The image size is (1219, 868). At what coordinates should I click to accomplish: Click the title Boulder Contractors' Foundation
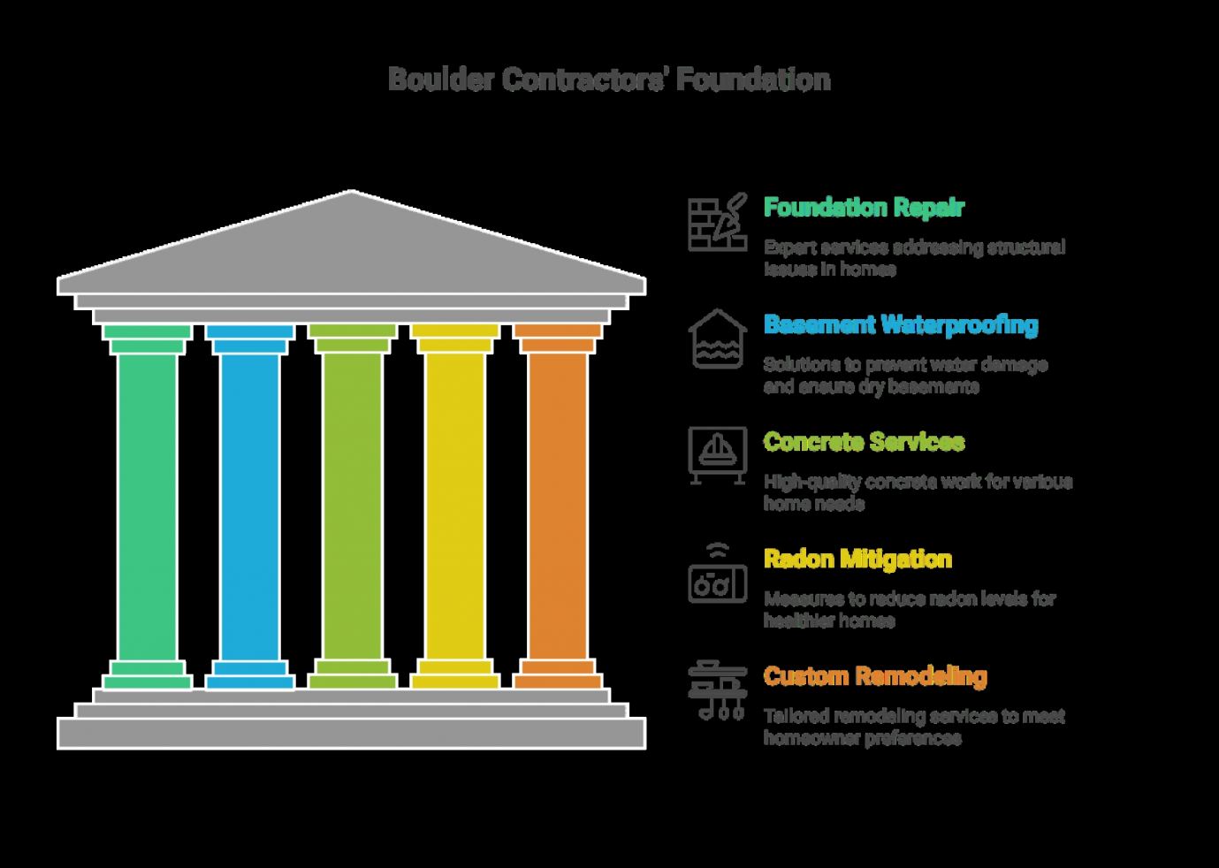[x=610, y=80]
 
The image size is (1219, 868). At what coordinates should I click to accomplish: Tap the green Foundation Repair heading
[x=864, y=208]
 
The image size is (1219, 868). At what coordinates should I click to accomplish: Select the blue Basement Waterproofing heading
[x=901, y=325]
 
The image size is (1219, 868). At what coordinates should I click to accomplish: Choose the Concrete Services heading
[x=865, y=441]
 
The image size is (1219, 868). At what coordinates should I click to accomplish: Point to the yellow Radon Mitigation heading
[x=857, y=559]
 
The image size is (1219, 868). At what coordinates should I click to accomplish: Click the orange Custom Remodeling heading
[x=875, y=676]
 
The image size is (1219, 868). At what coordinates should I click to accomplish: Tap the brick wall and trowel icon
[x=717, y=222]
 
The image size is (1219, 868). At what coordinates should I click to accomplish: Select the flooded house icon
[x=717, y=339]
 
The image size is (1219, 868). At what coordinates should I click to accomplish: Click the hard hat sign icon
[x=717, y=455]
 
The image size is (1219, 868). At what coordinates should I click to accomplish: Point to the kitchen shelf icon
[x=717, y=690]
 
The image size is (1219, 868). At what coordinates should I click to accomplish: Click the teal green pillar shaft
[x=147, y=507]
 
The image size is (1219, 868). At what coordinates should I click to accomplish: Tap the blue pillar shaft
[x=250, y=507]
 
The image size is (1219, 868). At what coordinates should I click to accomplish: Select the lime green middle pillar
[x=353, y=507]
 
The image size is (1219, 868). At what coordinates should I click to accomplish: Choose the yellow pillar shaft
[x=455, y=507]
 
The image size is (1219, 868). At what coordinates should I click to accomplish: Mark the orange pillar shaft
[x=558, y=507]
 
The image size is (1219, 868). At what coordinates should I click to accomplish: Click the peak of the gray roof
[x=352, y=191]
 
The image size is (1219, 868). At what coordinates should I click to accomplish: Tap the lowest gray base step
[x=352, y=733]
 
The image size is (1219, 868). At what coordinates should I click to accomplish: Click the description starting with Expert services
[x=914, y=258]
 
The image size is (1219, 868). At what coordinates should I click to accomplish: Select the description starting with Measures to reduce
[x=910, y=610]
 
